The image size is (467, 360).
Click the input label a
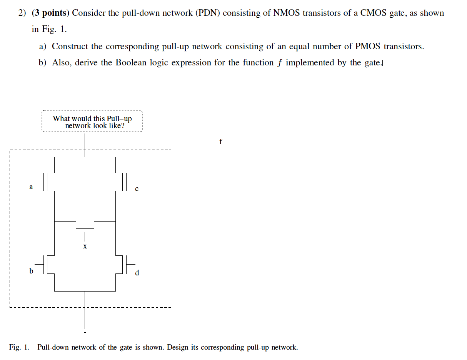(31, 187)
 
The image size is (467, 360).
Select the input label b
(31, 271)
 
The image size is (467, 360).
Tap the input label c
(137, 189)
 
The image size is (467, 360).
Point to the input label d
(137, 273)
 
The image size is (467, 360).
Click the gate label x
(85, 246)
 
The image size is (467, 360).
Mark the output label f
(220, 142)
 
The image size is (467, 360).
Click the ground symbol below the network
(85, 330)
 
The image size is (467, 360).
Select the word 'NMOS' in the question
(287, 13)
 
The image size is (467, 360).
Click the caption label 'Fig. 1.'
(19, 347)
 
